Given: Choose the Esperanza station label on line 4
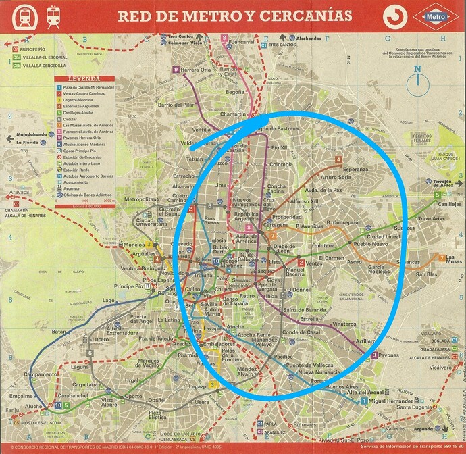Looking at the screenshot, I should (x=356, y=169).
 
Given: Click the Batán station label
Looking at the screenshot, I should (x=60, y=332).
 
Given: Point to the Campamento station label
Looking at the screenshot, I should (x=40, y=374).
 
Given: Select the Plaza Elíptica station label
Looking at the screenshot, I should (x=155, y=415).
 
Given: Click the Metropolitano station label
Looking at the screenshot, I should (x=140, y=200).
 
